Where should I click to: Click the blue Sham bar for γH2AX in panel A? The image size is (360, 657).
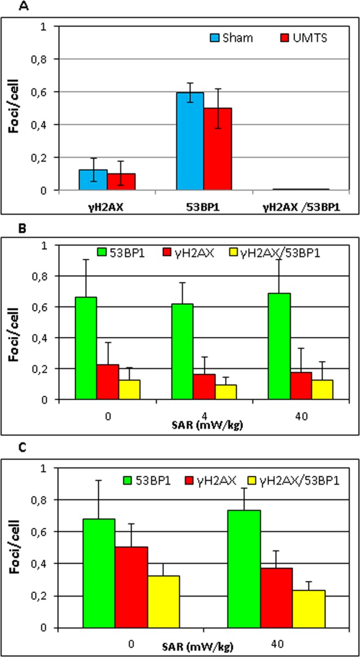(x=93, y=180)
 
